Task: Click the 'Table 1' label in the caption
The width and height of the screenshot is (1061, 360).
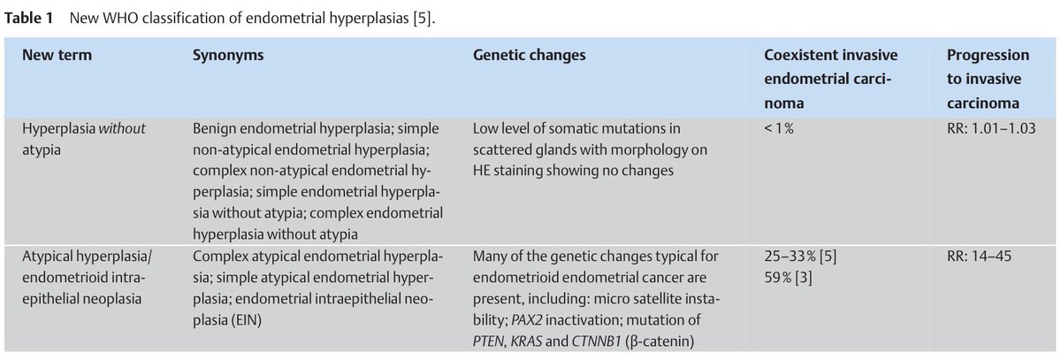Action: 28,18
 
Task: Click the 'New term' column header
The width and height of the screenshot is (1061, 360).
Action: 57,55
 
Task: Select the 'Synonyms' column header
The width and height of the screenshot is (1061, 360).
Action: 228,56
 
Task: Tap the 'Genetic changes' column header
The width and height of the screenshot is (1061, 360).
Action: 529,56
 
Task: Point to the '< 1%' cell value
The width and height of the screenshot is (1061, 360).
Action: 779,128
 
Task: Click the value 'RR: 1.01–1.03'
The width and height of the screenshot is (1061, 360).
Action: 991,128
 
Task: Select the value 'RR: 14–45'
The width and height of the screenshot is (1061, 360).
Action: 979,257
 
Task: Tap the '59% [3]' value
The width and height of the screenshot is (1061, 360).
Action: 788,278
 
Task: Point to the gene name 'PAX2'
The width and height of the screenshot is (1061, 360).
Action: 527,320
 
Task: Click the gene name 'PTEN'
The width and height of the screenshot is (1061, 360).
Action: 488,341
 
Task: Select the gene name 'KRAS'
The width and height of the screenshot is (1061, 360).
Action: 526,341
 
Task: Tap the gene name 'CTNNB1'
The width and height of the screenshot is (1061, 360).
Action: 596,341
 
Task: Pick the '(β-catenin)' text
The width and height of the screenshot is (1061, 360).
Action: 660,342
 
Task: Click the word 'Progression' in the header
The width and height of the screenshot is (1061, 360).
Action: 988,56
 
